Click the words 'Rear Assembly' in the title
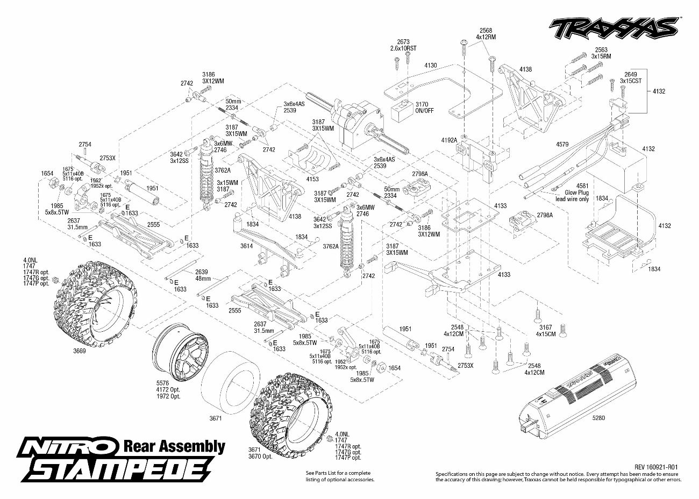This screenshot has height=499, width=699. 174,446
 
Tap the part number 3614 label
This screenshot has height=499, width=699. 247,246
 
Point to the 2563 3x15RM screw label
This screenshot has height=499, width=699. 601,52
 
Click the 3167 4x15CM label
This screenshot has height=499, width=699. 545,330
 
